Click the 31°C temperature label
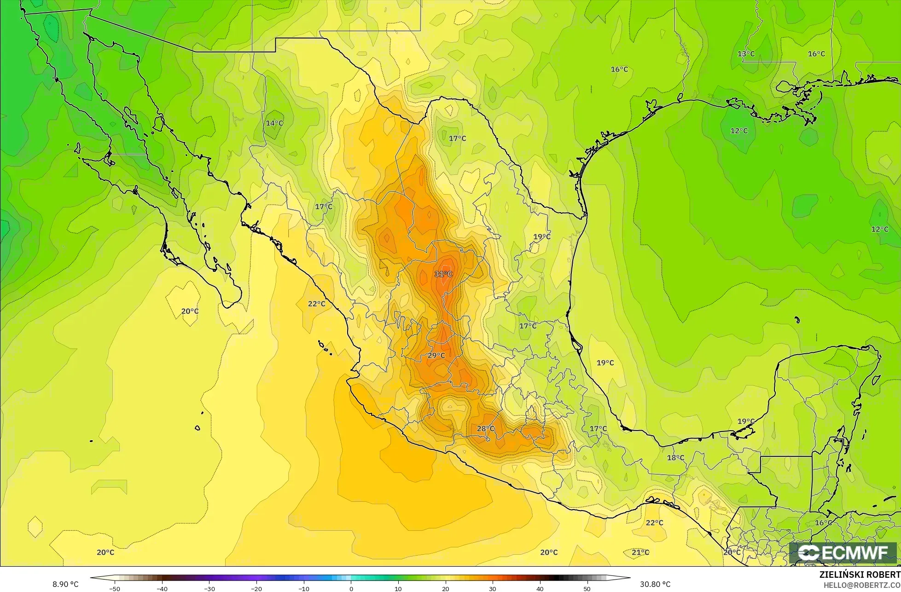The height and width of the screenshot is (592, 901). point(443,274)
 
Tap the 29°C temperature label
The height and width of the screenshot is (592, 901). point(436,356)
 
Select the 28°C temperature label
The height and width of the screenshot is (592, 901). point(486,429)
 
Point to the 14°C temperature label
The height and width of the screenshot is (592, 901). point(274,123)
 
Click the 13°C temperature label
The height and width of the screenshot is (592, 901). point(746,54)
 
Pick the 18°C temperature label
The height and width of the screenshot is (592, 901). point(675,458)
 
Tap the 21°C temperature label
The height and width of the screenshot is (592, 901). point(640,552)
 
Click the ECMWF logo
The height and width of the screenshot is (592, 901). point(843,553)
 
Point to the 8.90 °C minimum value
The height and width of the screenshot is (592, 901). point(65,585)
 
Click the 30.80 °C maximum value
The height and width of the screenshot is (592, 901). point(655,585)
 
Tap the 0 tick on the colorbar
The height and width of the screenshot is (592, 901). point(351,589)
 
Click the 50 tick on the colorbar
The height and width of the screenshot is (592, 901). point(587,589)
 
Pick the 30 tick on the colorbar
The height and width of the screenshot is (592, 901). point(493,589)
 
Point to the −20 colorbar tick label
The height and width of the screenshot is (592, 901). point(256,589)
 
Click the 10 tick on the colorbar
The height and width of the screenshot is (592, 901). point(398,589)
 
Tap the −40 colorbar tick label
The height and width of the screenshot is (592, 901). point(162,589)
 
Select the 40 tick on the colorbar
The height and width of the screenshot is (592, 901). point(540,589)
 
